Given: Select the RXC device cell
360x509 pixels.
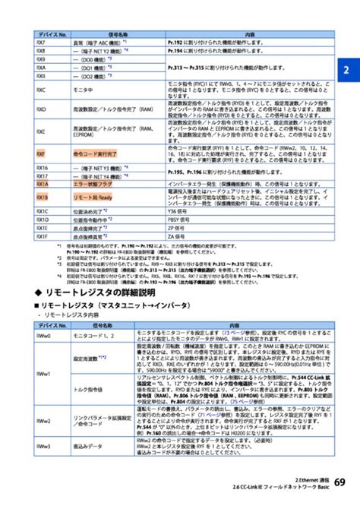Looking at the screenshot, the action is point(41,89).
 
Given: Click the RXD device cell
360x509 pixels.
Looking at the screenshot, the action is point(41,109).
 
